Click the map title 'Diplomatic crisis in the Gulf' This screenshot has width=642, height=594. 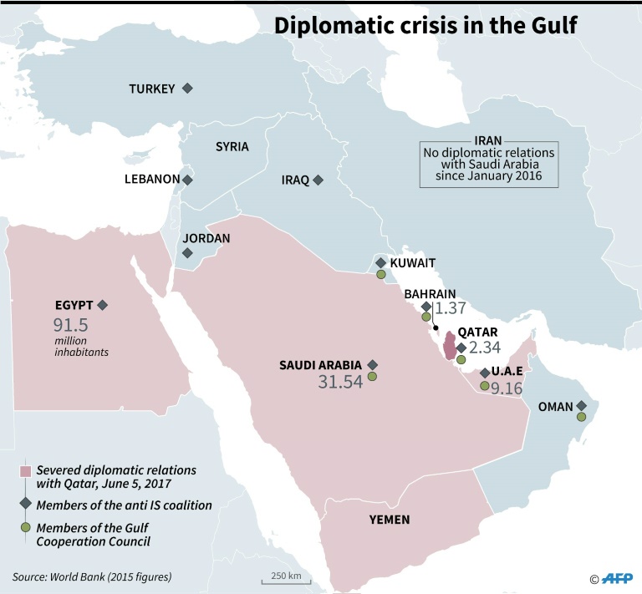[425, 25]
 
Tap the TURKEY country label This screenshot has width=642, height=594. [151, 89]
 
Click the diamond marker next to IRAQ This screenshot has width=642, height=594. [318, 179]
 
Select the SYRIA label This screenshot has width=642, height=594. [232, 146]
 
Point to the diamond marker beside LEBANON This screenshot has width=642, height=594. [188, 180]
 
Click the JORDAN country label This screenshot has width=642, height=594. [206, 238]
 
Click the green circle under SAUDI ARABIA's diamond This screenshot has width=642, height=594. [372, 377]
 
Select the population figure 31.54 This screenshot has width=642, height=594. [340, 382]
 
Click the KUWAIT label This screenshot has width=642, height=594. [413, 262]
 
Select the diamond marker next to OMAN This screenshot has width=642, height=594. [581, 407]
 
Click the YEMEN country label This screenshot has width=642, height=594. [390, 520]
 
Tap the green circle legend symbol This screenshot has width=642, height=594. [25, 527]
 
